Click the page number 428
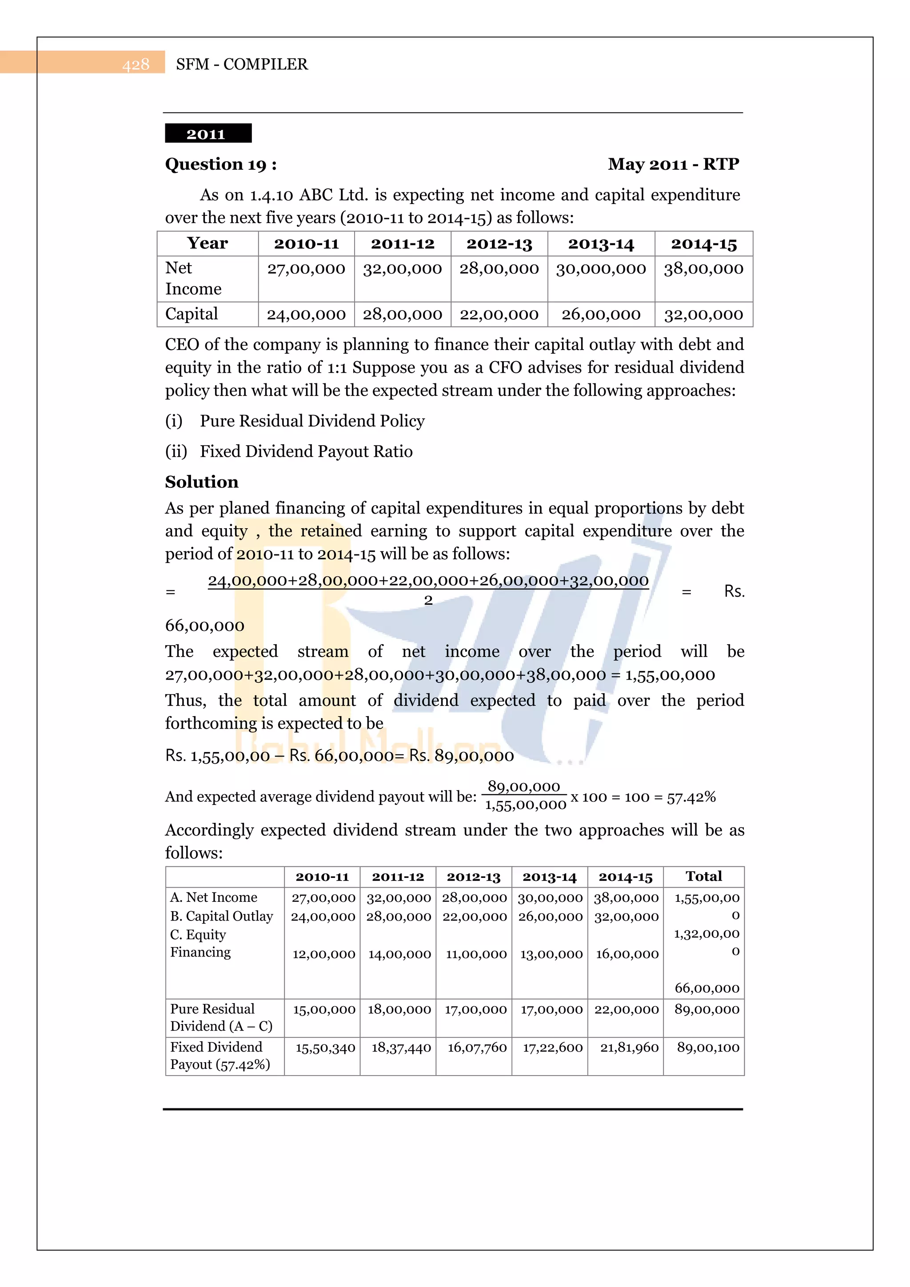click(x=136, y=64)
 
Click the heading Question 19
click(x=220, y=164)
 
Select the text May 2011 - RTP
click(x=673, y=164)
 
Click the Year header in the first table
click(x=208, y=243)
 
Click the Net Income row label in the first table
click(x=193, y=279)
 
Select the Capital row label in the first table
click(x=191, y=314)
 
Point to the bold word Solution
click(x=201, y=482)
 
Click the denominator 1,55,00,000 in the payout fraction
click(x=525, y=805)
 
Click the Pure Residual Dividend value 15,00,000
click(x=323, y=1009)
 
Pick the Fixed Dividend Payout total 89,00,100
click(x=707, y=1048)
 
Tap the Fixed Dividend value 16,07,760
click(x=477, y=1048)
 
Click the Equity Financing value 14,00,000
click(x=399, y=954)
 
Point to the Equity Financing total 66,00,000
click(x=706, y=988)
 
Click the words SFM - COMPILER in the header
click(x=242, y=64)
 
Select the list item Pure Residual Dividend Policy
click(x=312, y=421)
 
